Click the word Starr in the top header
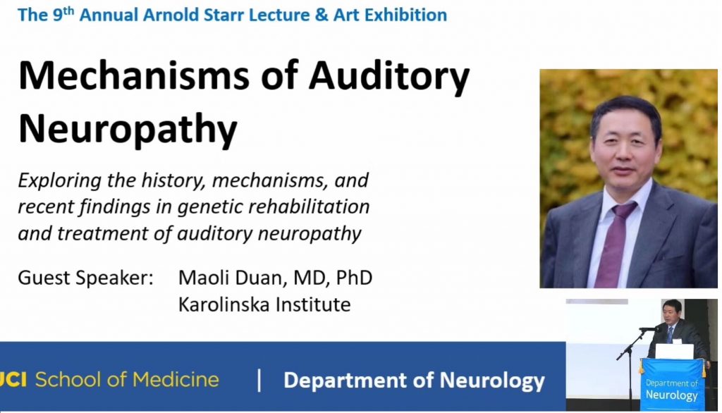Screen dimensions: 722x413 point(224,15)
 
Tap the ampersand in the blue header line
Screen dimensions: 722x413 point(322,15)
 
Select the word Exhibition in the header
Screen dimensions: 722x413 point(405,15)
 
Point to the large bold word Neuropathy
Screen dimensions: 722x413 point(128,130)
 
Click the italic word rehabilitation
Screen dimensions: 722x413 point(309,207)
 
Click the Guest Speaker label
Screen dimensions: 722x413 point(85,278)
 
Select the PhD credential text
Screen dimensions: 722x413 point(354,278)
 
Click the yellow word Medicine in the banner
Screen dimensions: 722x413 point(176,379)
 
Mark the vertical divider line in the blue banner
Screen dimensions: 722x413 point(259,381)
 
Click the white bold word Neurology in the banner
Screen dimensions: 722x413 point(492,381)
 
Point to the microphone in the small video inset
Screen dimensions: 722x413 point(648,329)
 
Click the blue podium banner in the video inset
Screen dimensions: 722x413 point(672,384)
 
